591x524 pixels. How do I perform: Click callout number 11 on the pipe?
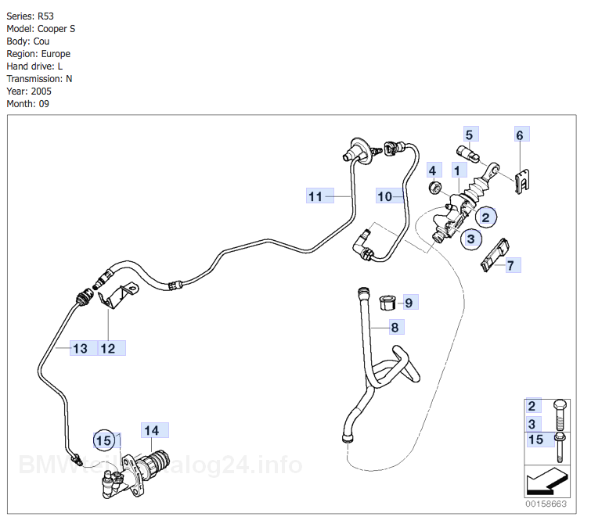315,196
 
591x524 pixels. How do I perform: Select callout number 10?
384,196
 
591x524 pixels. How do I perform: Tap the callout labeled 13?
81,348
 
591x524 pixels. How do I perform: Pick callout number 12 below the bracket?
108,348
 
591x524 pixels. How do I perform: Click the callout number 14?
151,430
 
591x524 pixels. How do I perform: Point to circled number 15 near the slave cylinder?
103,440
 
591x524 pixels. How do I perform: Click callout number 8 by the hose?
395,327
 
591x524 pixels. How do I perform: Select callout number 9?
408,301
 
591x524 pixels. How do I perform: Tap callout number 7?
510,265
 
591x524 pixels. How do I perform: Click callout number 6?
519,135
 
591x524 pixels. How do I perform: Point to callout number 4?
431,170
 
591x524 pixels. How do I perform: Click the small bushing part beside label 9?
386,301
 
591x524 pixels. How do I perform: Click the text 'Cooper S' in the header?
57,29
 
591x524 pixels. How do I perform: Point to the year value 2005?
41,92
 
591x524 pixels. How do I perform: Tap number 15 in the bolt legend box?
535,440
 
